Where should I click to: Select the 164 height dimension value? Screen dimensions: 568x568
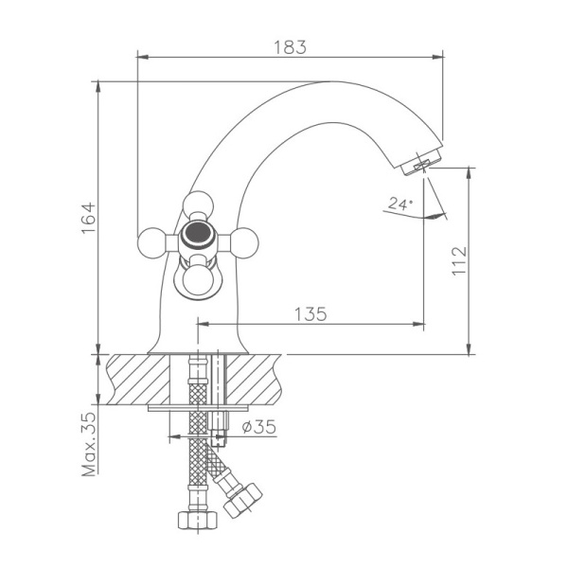click(88, 218)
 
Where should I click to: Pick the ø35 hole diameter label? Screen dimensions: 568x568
click(258, 427)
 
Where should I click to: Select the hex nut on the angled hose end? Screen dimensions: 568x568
click(243, 499)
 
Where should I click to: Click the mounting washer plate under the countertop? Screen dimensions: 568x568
click(198, 409)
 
